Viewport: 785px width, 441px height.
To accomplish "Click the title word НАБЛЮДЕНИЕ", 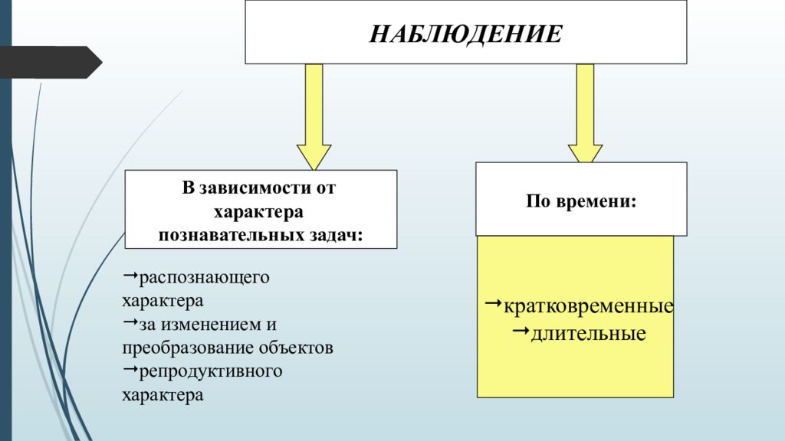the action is (465, 34).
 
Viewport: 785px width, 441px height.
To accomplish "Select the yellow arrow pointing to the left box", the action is (314, 117).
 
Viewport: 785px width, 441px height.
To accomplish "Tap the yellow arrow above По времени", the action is (585, 113).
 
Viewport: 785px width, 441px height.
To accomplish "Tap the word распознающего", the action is (204, 277).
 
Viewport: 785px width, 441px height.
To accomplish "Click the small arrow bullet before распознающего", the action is (130, 275).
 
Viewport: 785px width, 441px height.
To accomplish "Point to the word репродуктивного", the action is (211, 371).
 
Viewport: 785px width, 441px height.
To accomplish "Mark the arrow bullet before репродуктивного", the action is (130, 370).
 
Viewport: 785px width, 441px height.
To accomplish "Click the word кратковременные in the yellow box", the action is (588, 306).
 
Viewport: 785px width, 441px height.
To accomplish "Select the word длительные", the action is (588, 334).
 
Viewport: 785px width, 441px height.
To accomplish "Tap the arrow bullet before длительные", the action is (521, 331).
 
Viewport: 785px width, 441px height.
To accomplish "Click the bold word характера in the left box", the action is (258, 211).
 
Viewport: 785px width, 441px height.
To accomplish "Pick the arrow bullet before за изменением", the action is (130, 322).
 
